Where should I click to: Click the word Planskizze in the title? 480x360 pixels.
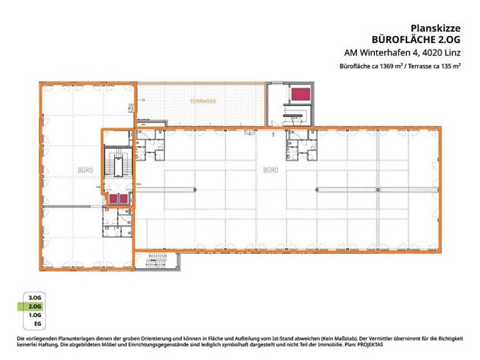(435, 29)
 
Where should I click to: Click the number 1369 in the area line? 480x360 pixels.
(387, 66)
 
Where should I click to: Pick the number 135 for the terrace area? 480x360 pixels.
(446, 66)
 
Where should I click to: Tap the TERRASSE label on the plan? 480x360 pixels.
(203, 101)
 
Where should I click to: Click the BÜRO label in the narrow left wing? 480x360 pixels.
(86, 170)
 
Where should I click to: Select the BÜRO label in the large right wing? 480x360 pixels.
(271, 170)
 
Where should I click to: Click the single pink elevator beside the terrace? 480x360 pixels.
(301, 94)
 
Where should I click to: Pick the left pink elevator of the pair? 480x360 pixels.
(113, 199)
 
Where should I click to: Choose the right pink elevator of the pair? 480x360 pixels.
(123, 199)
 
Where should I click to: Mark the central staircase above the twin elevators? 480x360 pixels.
(119, 162)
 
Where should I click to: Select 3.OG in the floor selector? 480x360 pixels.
(34, 297)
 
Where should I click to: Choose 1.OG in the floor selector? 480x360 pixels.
(34, 315)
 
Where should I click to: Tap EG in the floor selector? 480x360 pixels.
(37, 324)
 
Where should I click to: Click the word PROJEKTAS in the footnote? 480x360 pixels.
(370, 344)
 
